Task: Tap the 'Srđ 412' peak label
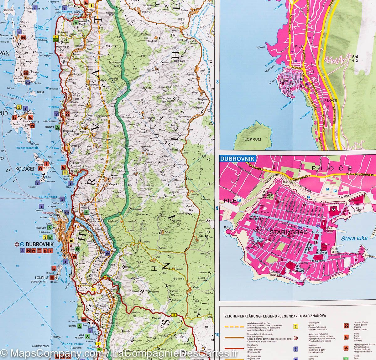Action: click(x=355, y=59)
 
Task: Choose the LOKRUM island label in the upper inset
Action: click(x=253, y=139)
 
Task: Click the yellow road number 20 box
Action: click(x=174, y=315)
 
